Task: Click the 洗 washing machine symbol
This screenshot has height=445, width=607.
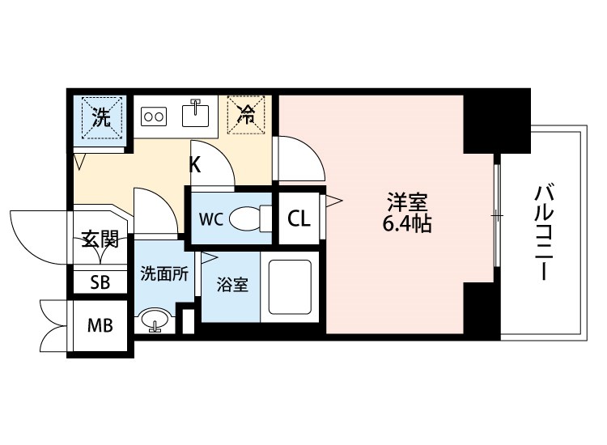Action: point(102,117)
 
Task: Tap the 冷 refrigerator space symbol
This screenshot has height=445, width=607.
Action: point(246,115)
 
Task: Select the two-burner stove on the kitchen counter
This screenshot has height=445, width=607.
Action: point(154,116)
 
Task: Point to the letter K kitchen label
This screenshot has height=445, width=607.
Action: point(195,165)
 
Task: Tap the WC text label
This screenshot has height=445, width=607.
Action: point(211,219)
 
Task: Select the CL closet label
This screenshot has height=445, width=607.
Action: point(299,218)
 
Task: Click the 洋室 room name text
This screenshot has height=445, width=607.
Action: point(407,201)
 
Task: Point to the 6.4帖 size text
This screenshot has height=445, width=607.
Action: point(407,223)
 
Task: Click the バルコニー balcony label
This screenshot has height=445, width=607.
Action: point(545,232)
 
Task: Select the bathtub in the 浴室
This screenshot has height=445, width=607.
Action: point(290,286)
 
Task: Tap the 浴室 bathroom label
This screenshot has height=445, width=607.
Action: point(232,285)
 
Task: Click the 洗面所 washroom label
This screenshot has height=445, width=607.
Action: point(164,273)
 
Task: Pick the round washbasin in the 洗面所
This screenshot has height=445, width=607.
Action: point(155,320)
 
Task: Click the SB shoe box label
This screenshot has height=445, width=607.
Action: point(100,282)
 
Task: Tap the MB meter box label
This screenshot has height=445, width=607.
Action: point(100,325)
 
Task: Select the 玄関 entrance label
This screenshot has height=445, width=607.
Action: point(100,239)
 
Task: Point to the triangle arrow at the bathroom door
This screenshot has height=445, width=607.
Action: point(209,258)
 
